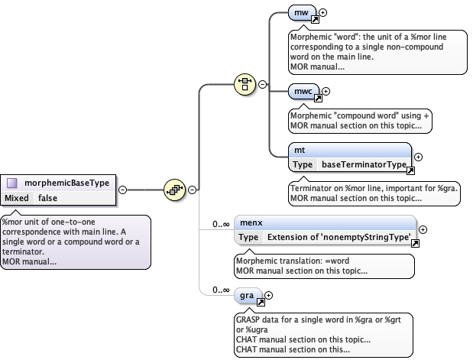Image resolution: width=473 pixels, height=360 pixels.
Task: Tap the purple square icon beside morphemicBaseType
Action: (13, 183)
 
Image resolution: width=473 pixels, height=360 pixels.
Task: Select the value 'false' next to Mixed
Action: (47, 198)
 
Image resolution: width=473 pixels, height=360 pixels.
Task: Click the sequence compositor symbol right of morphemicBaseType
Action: (174, 189)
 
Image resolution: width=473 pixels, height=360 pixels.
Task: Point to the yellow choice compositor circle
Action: (245, 83)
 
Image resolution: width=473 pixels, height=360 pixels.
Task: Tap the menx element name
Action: (251, 223)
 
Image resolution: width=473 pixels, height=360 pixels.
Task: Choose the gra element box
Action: (247, 294)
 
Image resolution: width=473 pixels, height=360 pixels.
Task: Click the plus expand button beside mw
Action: (323, 12)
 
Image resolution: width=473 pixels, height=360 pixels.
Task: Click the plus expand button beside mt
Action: (418, 157)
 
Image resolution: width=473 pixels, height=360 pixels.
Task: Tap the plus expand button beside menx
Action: (423, 230)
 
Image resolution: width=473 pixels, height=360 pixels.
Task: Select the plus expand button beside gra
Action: (268, 294)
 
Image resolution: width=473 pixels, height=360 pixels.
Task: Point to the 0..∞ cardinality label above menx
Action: (222, 223)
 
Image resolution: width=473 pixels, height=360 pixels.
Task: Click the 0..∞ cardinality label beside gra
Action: (222, 290)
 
